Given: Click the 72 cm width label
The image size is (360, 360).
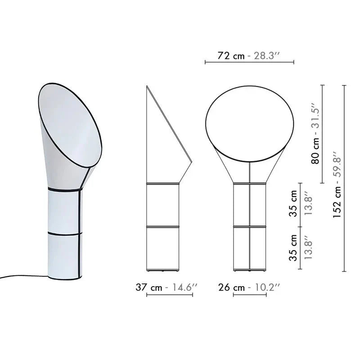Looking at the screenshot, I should coord(231,56).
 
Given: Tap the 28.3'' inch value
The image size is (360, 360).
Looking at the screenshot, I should coord(266,56).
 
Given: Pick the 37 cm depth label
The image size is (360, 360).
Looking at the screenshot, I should coord(148,287).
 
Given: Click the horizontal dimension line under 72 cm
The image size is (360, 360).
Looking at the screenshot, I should coord(249,62).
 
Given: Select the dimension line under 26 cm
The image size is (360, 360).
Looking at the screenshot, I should coord(250,295).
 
